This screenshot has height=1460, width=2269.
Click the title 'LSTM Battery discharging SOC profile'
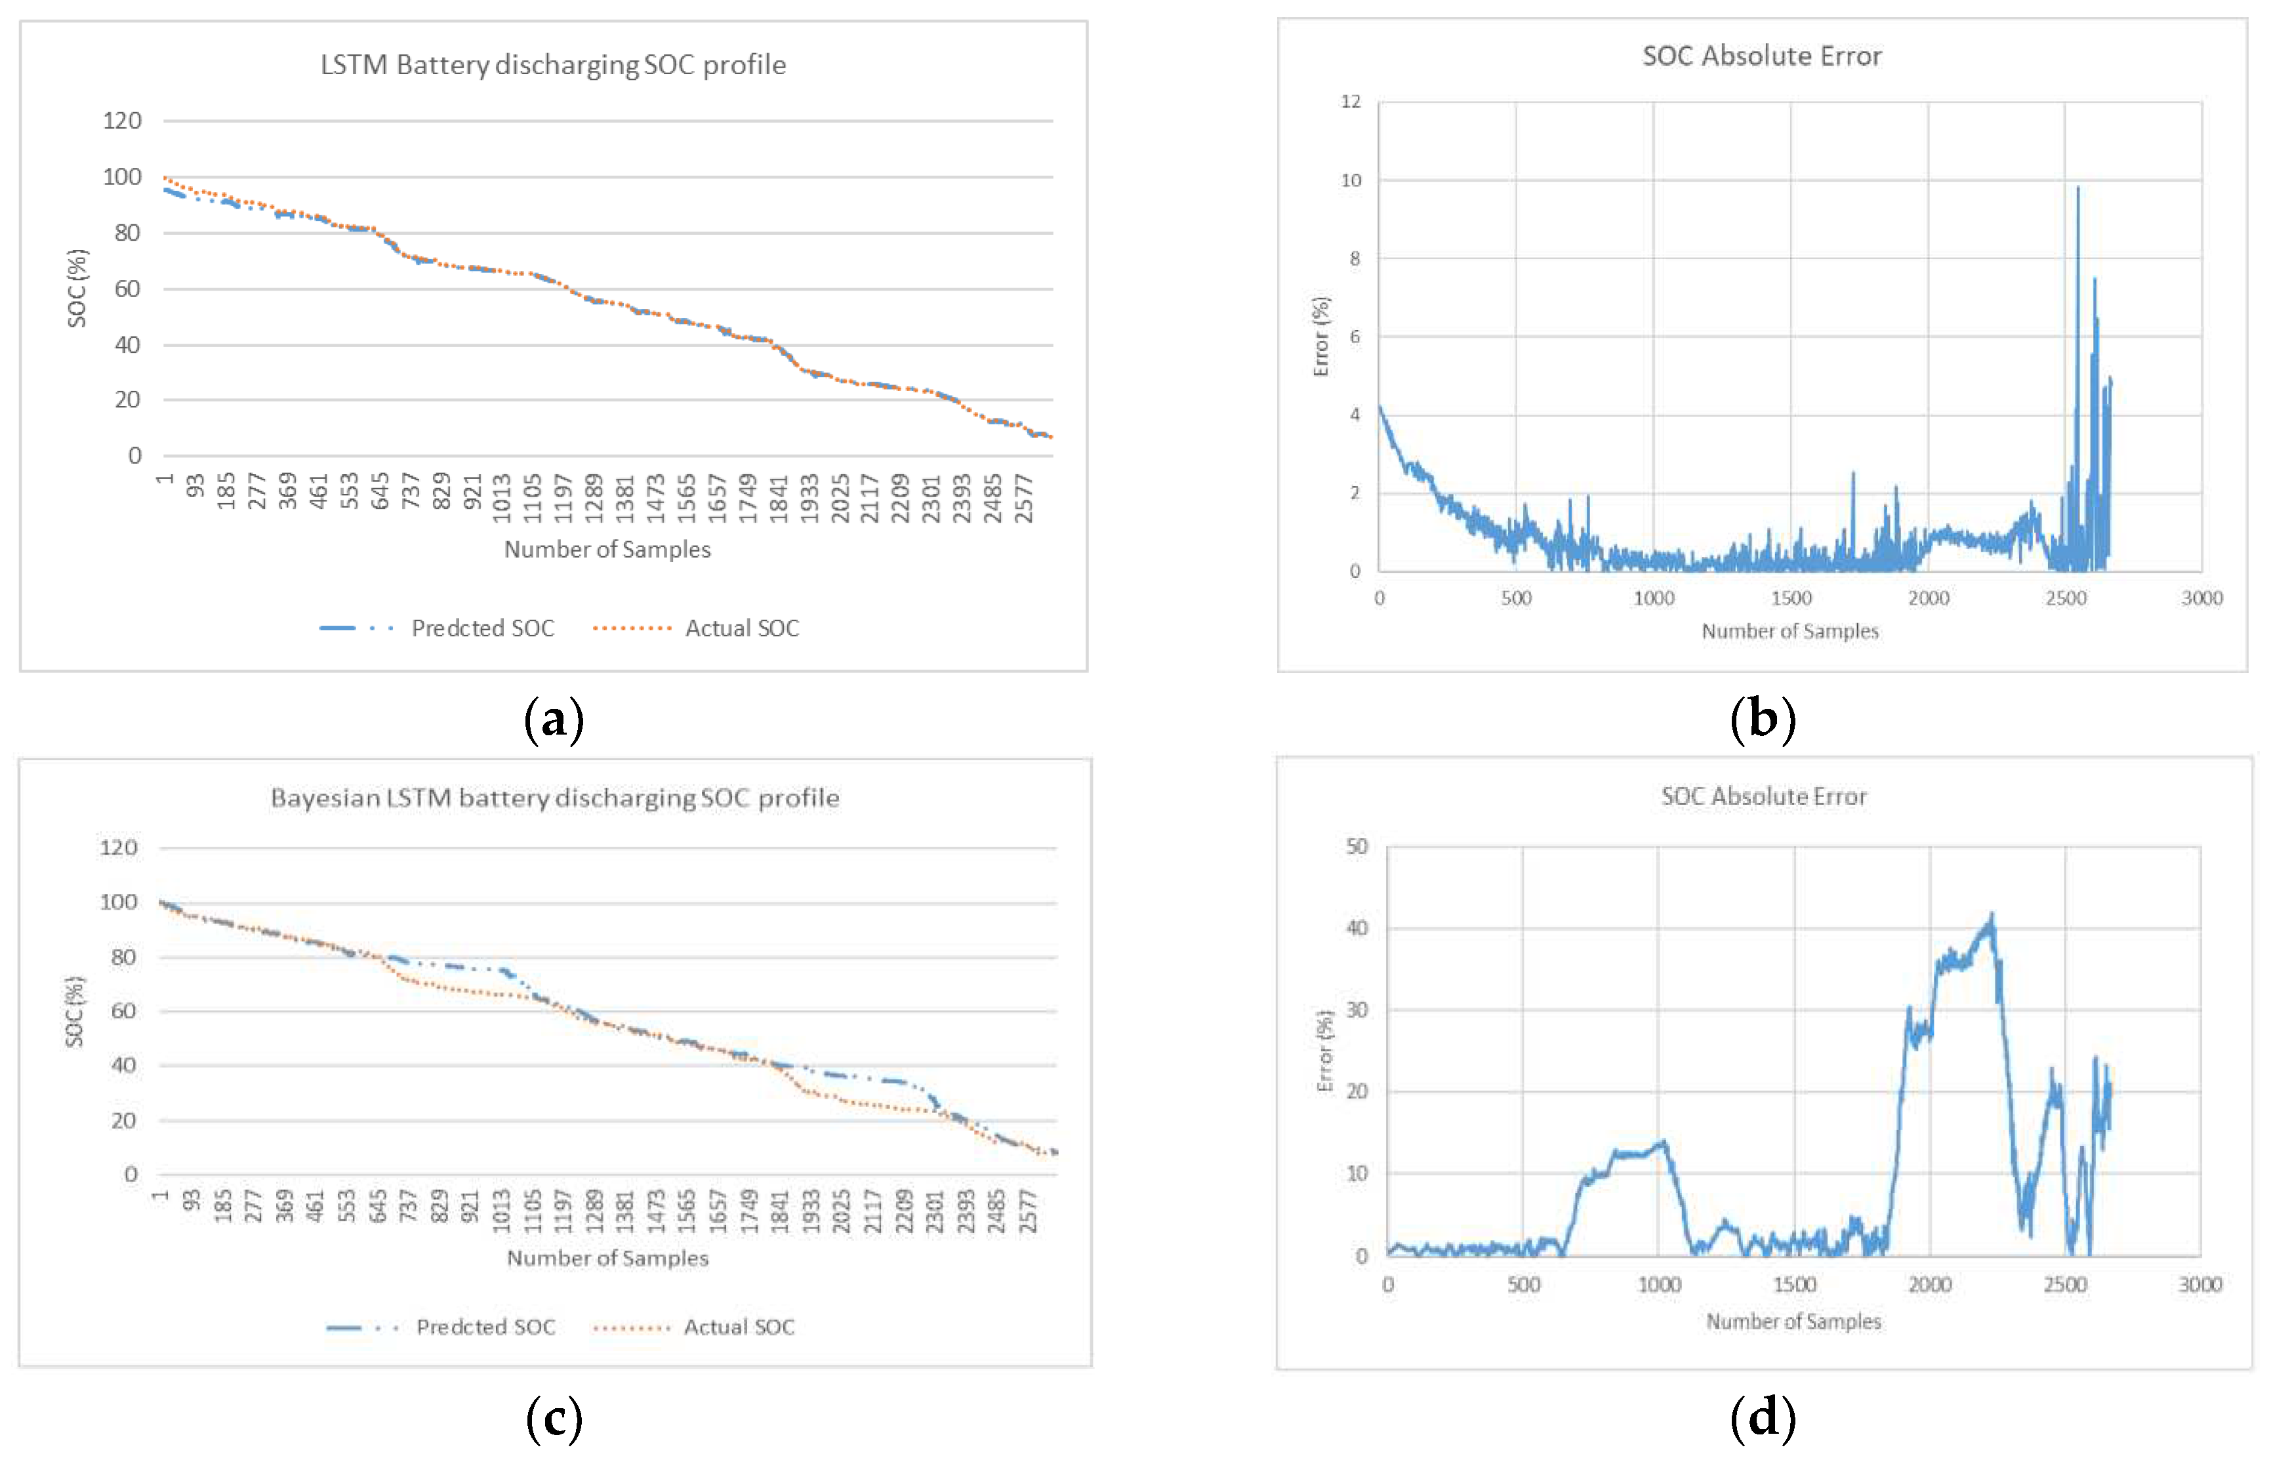(x=553, y=64)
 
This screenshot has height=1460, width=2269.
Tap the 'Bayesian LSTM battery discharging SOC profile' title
(x=555, y=798)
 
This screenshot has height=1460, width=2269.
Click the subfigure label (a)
(x=554, y=720)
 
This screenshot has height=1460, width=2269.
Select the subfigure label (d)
(x=1763, y=1418)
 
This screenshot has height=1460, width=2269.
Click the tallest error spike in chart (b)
(x=2077, y=188)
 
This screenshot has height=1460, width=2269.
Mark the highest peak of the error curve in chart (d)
(x=1991, y=915)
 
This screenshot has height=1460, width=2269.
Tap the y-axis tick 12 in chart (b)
(x=1350, y=102)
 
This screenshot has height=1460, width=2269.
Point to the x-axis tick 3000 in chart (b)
(x=2201, y=598)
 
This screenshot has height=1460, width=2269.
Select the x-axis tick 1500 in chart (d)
(x=1794, y=1285)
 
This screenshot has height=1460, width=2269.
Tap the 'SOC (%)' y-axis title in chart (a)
(x=77, y=288)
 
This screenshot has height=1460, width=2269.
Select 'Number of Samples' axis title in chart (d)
(x=1793, y=1321)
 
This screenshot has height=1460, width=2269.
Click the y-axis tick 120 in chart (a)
(x=122, y=121)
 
